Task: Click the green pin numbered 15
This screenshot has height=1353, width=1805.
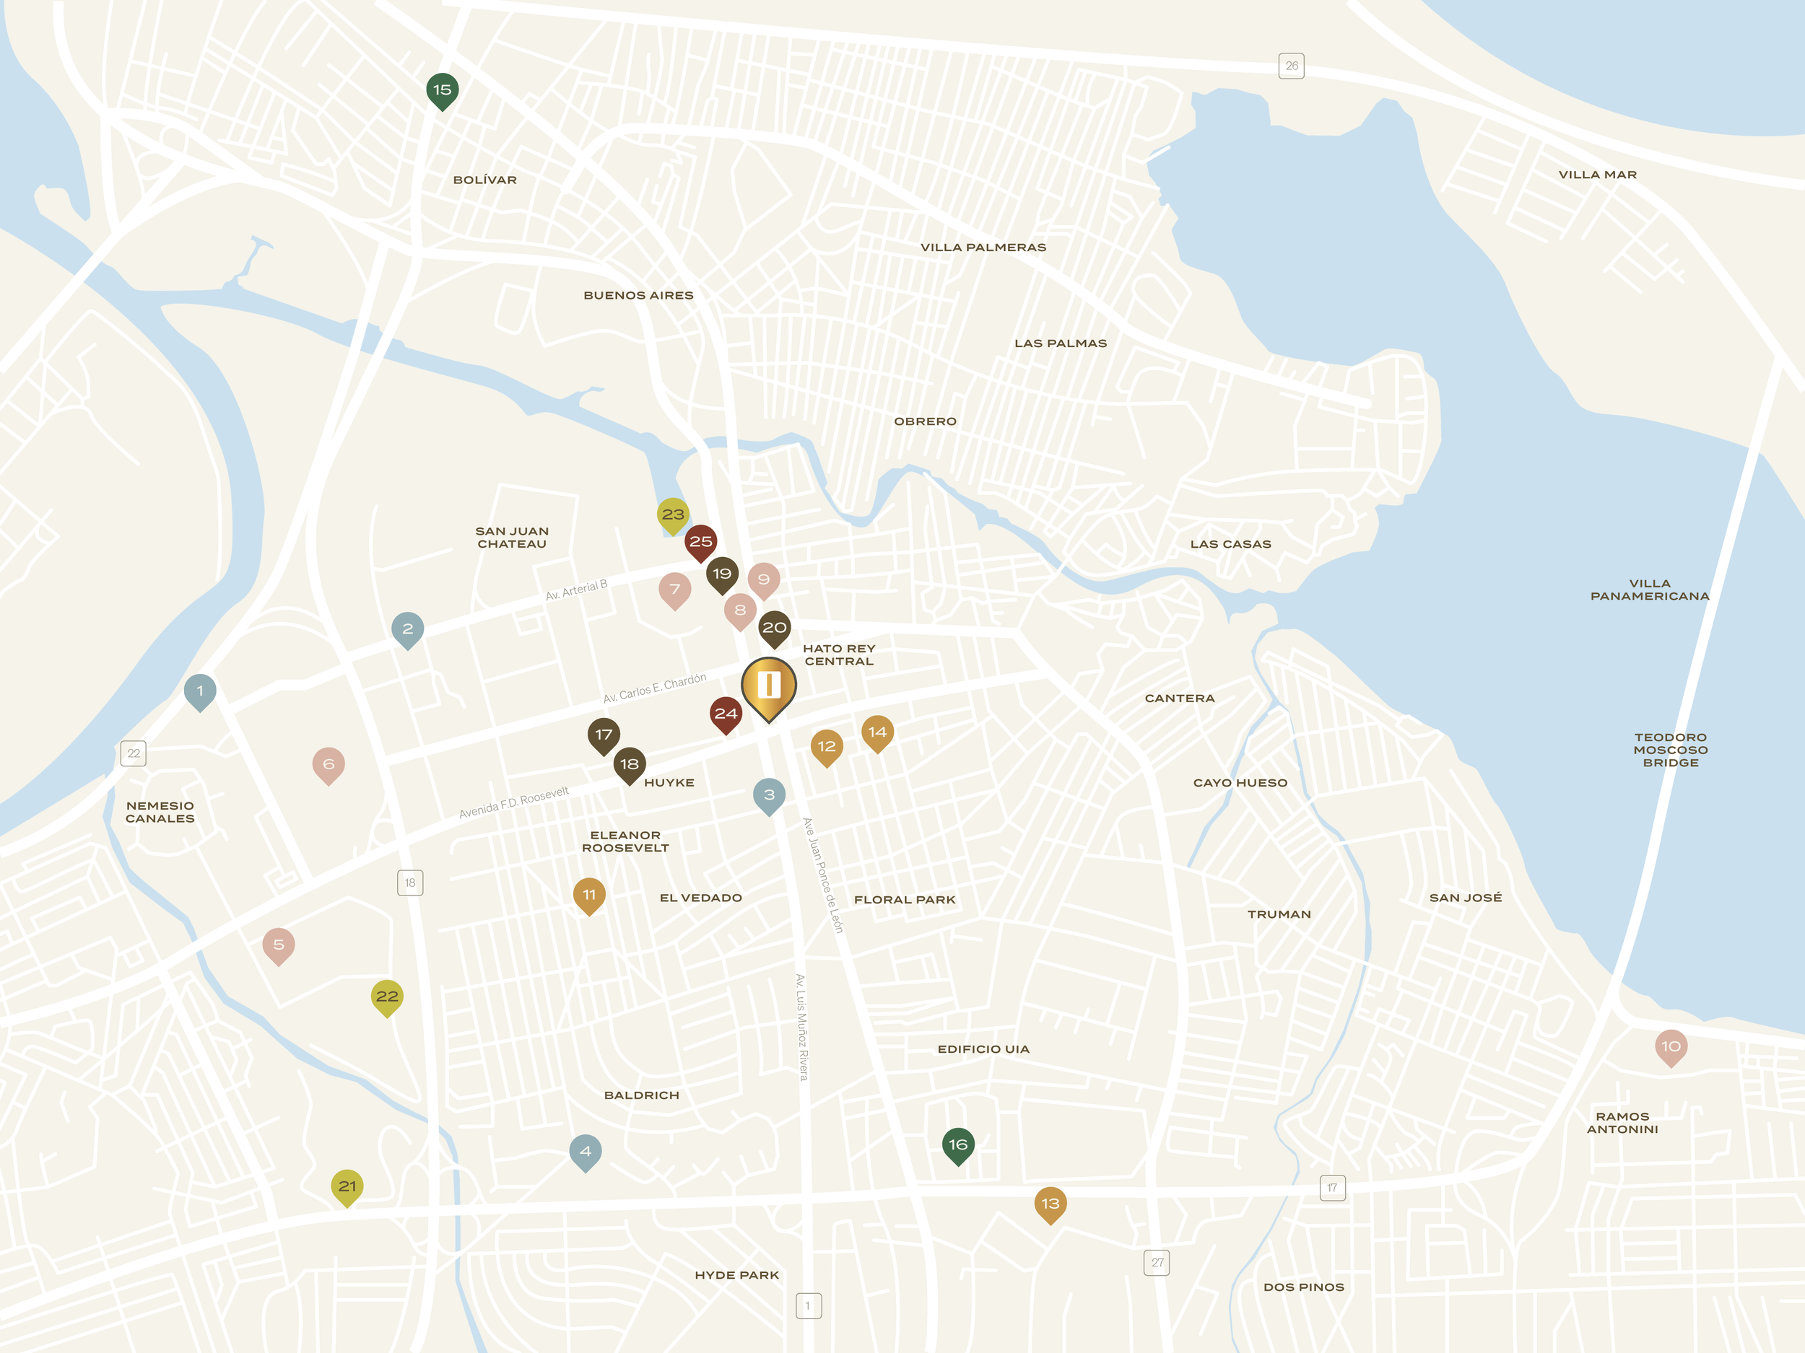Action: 443,89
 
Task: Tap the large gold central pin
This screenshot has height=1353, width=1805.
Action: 769,685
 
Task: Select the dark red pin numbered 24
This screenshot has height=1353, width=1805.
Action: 726,714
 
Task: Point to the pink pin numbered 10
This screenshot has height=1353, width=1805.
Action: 1671,1046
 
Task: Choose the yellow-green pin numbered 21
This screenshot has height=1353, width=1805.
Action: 347,1186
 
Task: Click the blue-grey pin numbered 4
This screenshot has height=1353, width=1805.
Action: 585,1151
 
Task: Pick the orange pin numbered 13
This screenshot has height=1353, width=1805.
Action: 1051,1203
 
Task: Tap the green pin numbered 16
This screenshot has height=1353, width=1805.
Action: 958,1144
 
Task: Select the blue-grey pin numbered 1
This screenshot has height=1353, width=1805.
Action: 200,691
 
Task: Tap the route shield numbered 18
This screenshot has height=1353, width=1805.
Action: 409,883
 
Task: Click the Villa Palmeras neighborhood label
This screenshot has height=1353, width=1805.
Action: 983,247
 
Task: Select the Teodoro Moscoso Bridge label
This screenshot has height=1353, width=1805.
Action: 1671,750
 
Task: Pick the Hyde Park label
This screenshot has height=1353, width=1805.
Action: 737,1275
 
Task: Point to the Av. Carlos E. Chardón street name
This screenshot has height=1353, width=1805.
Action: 654,688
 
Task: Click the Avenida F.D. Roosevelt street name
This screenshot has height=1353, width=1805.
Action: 514,802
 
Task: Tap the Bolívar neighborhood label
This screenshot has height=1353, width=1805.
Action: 484,180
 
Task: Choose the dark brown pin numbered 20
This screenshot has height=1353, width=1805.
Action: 775,627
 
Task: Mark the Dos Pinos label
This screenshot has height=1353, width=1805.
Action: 1303,1287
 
